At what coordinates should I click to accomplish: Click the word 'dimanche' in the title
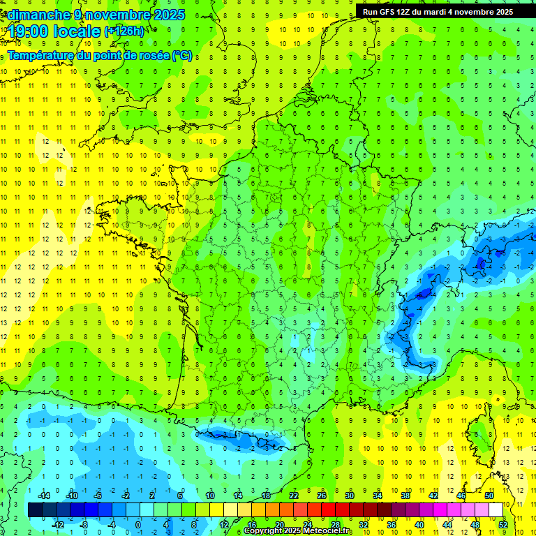39,15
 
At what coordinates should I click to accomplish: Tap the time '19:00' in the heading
31,31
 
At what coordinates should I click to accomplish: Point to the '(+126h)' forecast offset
124,31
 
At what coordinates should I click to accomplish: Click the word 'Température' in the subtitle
40,56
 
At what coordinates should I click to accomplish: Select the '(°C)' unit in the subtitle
181,56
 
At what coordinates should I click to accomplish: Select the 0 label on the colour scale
138,524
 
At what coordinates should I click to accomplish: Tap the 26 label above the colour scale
322,496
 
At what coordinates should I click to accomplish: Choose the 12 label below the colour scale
224,524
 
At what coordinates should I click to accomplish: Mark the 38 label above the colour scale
405,496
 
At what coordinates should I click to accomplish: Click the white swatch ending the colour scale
496,510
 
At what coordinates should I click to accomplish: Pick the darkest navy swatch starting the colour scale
35,510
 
